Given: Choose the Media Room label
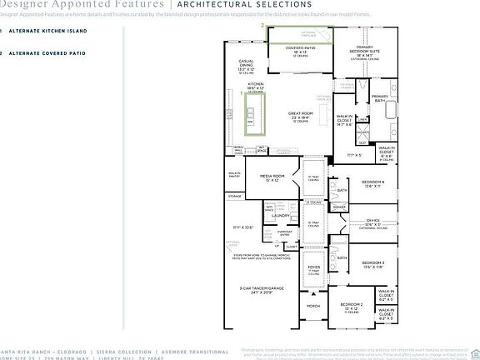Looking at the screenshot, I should (x=273, y=177).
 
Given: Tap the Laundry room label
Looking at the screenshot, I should (x=281, y=215).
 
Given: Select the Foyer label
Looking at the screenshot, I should (x=314, y=267).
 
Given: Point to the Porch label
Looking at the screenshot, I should (x=313, y=306).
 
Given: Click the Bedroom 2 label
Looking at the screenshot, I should (x=351, y=306).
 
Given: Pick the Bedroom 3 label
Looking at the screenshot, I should (x=372, y=263).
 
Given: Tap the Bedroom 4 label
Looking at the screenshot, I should (x=372, y=182).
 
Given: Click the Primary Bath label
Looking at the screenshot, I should (x=380, y=98).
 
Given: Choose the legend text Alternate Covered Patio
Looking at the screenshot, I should (x=47, y=53).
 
